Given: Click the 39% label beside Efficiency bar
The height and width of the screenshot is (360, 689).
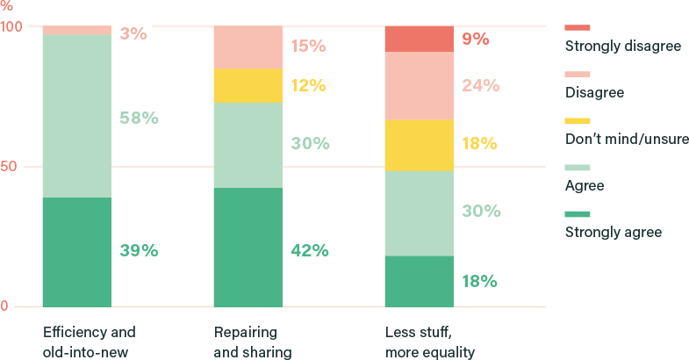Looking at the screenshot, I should [x=139, y=251].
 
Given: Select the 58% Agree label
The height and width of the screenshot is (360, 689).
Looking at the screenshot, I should [x=139, y=118].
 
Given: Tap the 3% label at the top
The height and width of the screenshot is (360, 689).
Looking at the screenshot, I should [x=133, y=34].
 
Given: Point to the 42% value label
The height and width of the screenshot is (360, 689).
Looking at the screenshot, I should [x=310, y=251].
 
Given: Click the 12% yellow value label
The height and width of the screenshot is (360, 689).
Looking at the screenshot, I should [x=308, y=86].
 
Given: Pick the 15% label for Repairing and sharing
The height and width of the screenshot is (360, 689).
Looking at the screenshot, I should [x=308, y=46].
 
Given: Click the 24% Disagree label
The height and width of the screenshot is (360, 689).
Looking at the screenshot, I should [x=480, y=86].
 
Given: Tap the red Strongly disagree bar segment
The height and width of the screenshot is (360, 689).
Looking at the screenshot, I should [x=420, y=40].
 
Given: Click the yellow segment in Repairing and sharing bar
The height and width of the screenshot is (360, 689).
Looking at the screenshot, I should [x=248, y=86].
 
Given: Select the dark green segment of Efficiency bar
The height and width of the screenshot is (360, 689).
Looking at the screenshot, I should [x=76, y=252].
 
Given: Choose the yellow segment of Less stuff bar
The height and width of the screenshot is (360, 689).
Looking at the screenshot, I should [x=420, y=145].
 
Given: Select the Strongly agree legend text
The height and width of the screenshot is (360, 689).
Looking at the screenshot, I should [x=614, y=233].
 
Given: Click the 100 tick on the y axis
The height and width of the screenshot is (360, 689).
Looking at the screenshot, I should [x=11, y=27].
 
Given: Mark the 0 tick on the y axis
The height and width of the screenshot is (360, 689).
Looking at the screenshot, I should [x=4, y=306].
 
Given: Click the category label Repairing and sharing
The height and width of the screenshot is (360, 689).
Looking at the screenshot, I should [x=252, y=342].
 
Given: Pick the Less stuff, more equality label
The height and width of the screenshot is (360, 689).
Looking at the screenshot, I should [x=429, y=342].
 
